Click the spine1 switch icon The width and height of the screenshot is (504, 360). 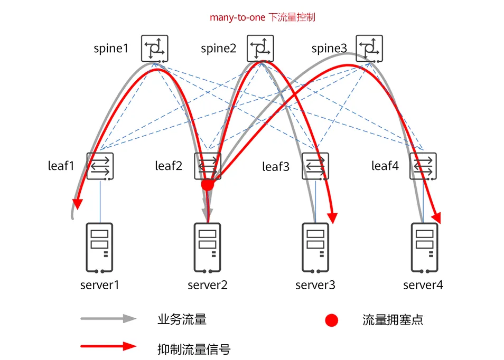click(154, 49)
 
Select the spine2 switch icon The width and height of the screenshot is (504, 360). click(261, 49)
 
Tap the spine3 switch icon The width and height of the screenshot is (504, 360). click(369, 49)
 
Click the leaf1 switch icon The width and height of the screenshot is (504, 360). click(100, 166)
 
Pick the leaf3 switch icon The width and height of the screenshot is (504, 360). click(315, 166)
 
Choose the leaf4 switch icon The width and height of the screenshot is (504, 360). click(424, 166)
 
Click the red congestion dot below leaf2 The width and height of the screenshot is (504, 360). click(207, 184)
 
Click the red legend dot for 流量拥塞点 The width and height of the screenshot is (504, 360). click(331, 320)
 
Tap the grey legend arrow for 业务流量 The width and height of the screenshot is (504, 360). click(108, 319)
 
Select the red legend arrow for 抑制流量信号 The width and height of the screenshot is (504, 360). click(108, 347)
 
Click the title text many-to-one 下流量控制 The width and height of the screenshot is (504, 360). click(263, 17)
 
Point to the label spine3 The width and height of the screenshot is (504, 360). click(329, 49)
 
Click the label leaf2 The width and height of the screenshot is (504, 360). click(169, 166)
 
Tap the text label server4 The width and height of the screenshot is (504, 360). click(423, 286)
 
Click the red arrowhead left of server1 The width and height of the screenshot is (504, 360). click(78, 202)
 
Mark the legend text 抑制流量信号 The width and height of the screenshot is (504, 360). click(194, 348)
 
